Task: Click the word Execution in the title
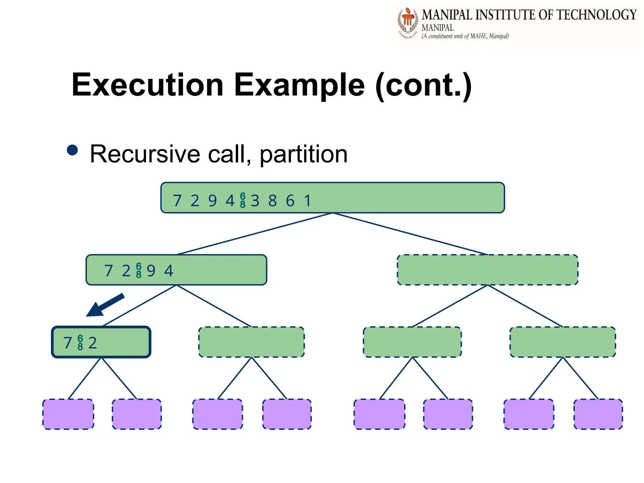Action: [x=147, y=85]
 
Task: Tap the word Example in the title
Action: [x=299, y=85]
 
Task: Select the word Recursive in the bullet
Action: [x=145, y=154]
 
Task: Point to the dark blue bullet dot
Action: [x=72, y=150]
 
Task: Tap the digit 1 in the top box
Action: [x=308, y=201]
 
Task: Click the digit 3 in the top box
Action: [x=255, y=201]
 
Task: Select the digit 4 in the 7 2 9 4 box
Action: [x=169, y=271]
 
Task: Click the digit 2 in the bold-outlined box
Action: [x=92, y=343]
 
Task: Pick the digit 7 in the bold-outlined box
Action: [x=68, y=343]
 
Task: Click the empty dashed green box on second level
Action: [x=487, y=270]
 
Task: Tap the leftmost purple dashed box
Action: [x=68, y=414]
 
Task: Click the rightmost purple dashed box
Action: [x=598, y=414]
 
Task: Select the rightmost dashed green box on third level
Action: [x=563, y=342]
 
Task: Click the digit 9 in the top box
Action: [x=213, y=201]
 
